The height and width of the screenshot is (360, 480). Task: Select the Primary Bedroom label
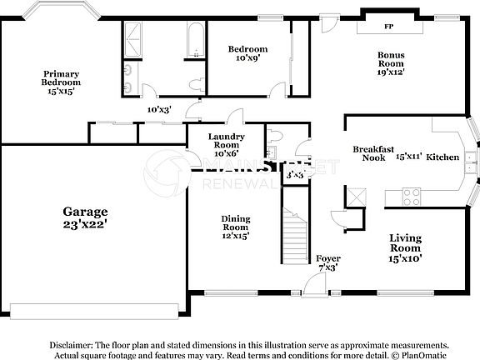tap(62, 78)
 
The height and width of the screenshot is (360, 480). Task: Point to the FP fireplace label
tap(388, 27)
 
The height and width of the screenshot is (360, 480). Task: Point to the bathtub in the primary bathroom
tap(194, 39)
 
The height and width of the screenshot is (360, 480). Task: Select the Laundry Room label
tap(227, 141)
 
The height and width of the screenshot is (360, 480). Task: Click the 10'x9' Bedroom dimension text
tap(247, 58)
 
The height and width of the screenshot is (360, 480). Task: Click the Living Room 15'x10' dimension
tap(406, 258)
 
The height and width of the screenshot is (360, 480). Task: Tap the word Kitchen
tap(442, 157)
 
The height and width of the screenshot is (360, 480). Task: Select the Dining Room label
tap(235, 222)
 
